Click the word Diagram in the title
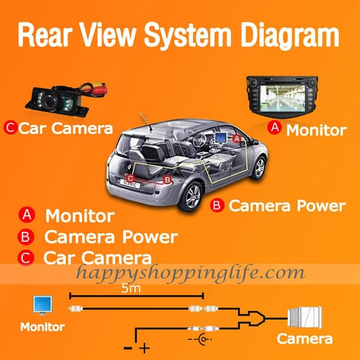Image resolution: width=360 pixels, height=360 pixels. [289, 35]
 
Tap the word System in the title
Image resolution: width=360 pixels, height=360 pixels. [187, 35]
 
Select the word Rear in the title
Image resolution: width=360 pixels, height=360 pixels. [45, 35]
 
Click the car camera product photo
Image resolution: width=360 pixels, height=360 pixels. [67, 100]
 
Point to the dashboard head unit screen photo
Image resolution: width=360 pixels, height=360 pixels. [282, 96]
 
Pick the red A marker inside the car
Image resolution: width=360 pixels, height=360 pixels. [237, 139]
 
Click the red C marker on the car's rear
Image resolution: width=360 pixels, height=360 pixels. [130, 179]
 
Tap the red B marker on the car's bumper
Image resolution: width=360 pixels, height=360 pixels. [167, 180]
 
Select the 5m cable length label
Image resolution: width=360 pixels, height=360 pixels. [131, 288]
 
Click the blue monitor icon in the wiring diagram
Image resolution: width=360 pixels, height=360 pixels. [42, 305]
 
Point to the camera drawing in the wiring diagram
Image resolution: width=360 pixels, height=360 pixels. [305, 318]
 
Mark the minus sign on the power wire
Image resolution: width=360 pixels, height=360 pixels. [128, 348]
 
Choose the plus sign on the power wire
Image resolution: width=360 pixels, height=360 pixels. [145, 348]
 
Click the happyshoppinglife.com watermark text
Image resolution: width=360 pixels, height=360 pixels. [191, 273]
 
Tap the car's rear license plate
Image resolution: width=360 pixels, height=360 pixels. [130, 184]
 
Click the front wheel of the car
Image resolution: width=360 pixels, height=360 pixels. [259, 168]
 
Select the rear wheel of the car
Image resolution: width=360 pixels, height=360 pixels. [192, 197]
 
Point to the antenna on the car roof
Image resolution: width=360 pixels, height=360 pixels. [146, 122]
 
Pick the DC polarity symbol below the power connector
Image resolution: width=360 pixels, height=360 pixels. [200, 339]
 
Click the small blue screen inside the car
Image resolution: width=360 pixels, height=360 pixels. [220, 138]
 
